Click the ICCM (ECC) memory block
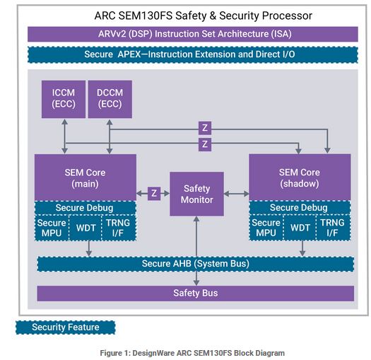[64, 99]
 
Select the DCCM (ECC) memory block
[110, 99]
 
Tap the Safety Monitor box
[196, 194]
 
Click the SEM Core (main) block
[86, 178]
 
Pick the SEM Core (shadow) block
[300, 178]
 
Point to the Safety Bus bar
[196, 294]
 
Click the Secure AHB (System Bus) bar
[196, 264]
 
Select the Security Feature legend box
[65, 327]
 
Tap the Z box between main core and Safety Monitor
[154, 194]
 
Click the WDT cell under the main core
[86, 228]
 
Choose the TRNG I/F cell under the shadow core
[333, 228]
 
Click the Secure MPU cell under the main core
[52, 228]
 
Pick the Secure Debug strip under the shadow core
[300, 208]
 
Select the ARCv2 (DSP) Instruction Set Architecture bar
[193, 34]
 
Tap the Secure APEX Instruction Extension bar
[193, 54]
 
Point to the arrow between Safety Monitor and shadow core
[236, 194]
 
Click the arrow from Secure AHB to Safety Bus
[196, 278]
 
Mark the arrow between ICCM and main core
[64, 137]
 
